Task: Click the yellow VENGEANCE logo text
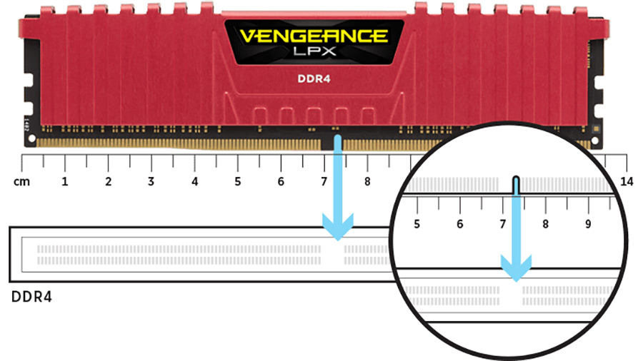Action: pos(314,36)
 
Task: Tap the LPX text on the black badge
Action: pos(314,51)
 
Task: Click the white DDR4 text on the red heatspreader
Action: pos(314,78)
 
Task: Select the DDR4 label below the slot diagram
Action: pos(31,297)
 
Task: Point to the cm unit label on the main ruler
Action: pos(21,181)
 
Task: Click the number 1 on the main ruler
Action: pos(65,181)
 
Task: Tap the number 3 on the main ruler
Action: pos(151,181)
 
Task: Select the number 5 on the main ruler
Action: pos(238,181)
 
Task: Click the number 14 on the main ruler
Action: pos(627,181)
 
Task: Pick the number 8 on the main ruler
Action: pos(367,181)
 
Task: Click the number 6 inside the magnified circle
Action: pos(459,224)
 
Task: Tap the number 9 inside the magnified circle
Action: pos(588,224)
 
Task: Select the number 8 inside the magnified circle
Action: pos(545,224)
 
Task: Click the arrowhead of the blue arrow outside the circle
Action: pos(337,227)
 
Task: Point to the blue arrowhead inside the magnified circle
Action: pos(517,268)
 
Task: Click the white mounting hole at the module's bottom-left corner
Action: pos(31,139)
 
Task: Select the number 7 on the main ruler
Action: pos(324,181)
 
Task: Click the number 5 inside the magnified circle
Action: pos(417,224)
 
